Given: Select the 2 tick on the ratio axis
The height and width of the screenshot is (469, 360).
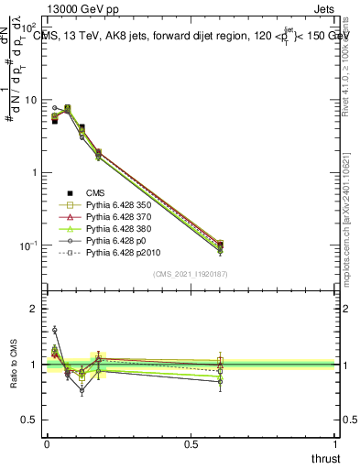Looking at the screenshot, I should point(36,309).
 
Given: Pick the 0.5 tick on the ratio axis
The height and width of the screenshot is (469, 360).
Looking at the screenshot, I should point(32,420).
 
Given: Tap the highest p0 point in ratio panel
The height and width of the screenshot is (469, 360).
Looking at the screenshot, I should point(54,330).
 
